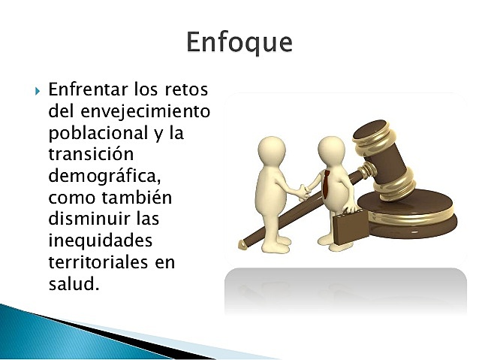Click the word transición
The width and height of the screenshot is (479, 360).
[x=91, y=156]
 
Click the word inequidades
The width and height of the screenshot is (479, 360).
[x=100, y=242]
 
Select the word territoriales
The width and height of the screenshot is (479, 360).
[x=102, y=263]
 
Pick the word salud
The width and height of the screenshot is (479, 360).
[x=72, y=285]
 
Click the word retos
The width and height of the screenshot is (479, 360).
[x=184, y=90]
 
